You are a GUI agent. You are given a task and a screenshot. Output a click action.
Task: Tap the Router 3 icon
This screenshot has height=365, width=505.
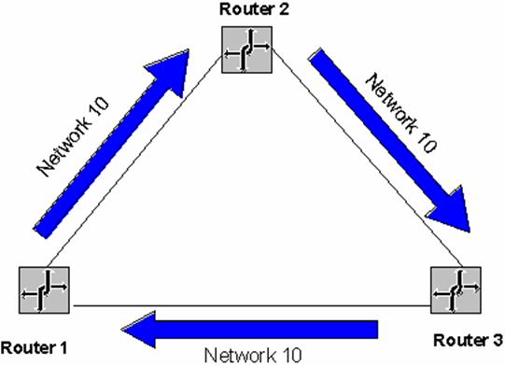click(x=456, y=289)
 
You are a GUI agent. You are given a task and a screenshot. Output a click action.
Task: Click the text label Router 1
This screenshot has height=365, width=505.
click(x=35, y=347)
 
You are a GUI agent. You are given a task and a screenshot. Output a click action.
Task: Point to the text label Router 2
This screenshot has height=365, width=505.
click(x=246, y=9)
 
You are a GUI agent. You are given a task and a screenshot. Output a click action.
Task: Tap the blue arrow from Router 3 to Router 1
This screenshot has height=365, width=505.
click(x=252, y=329)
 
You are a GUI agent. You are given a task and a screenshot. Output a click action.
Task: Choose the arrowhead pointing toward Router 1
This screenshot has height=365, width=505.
click(x=140, y=329)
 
